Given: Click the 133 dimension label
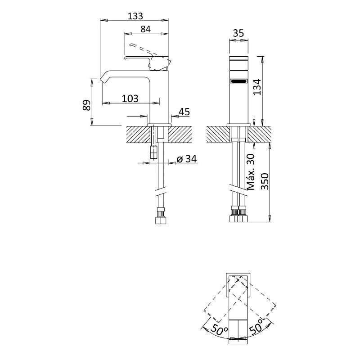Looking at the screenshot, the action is pos(135,16).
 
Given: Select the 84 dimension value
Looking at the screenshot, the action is pos(145,29).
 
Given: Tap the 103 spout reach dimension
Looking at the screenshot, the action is pos(130,99).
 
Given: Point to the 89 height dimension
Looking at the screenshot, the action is pos(86,105).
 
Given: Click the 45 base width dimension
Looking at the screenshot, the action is pos(184,112).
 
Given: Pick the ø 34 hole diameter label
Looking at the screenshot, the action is pos(187,159).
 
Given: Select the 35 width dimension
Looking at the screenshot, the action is pos(238,33).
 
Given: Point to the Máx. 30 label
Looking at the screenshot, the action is pos(251,172).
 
